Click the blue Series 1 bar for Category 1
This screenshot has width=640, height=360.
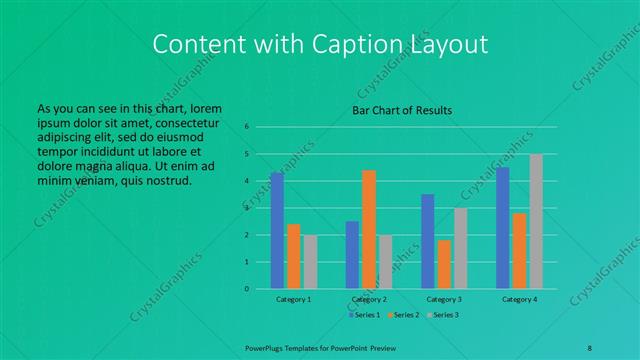coord(277,231)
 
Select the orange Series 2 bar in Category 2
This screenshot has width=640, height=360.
coord(369,229)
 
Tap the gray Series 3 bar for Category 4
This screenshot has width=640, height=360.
coord(536,221)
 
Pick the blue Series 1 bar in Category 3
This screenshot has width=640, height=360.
coord(428,241)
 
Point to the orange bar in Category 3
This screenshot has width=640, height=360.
coord(444,264)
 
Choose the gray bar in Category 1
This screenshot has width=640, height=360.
coord(310,262)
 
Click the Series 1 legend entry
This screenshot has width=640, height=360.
coord(364,315)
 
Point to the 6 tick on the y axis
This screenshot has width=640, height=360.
coord(246,127)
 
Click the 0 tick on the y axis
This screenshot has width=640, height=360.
coord(246,289)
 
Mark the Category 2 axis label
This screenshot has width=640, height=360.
coord(369,299)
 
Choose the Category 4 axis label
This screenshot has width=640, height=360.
coord(519,299)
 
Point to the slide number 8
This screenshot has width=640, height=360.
coord(589,346)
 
